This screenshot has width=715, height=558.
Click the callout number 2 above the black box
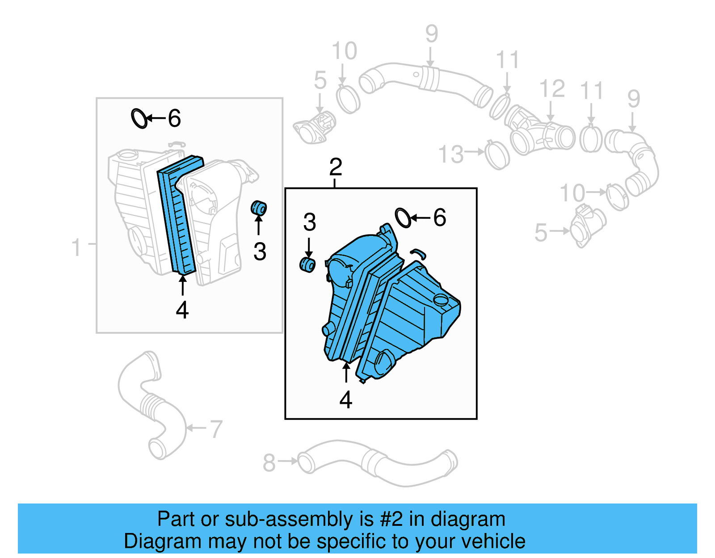(335, 167)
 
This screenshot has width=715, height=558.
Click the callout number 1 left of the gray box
(76, 247)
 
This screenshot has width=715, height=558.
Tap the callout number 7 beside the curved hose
(216, 429)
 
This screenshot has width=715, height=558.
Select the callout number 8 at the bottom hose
(269, 463)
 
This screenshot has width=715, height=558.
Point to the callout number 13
(450, 155)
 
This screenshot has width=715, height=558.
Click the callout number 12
(552, 89)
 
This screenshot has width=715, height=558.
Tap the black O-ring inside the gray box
(139, 118)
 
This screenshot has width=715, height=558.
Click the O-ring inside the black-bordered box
(403, 218)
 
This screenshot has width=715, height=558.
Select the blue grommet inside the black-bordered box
(307, 264)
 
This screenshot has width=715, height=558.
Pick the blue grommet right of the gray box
(259, 208)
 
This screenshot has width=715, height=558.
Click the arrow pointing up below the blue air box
(346, 373)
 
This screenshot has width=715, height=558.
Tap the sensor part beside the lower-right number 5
(586, 226)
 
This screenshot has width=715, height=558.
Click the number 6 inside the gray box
(174, 118)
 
